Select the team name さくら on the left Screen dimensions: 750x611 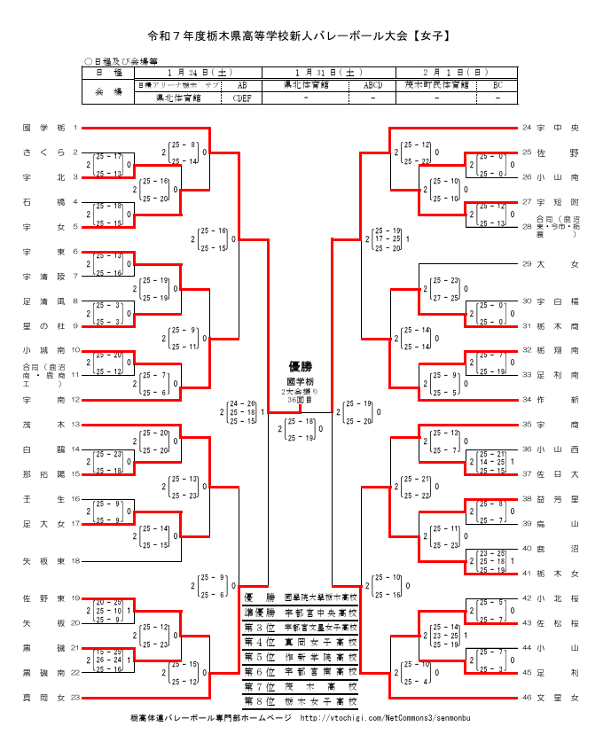click(43, 152)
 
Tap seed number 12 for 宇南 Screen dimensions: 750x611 click(75, 400)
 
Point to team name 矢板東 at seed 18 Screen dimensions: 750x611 click(43, 561)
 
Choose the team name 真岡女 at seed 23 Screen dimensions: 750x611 click(43, 699)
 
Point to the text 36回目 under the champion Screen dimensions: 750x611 click(300, 400)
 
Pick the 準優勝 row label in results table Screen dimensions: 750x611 click(259, 612)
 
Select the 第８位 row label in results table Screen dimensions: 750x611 click(259, 701)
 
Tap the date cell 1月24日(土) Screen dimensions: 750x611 click(199, 72)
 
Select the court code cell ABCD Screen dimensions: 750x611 click(372, 85)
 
